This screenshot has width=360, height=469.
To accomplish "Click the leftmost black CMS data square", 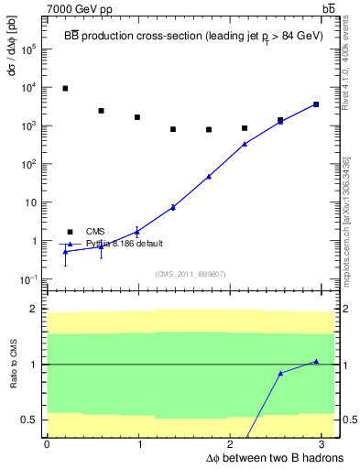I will [65, 89].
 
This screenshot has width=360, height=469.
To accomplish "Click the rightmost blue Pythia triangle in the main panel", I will [316, 104].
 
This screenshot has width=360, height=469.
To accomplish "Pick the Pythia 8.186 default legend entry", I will [125, 244].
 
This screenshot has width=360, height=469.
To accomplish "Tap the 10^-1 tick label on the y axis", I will [28, 279].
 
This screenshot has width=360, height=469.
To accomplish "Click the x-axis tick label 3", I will [322, 445].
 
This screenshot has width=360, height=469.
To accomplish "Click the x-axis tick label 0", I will [47, 445].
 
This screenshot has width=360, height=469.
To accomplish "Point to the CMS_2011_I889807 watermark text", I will [190, 274].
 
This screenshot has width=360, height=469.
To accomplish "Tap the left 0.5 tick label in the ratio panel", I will [29, 420].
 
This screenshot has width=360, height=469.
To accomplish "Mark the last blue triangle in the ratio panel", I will [316, 362].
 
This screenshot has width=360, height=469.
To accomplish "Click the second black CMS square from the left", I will [101, 111].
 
